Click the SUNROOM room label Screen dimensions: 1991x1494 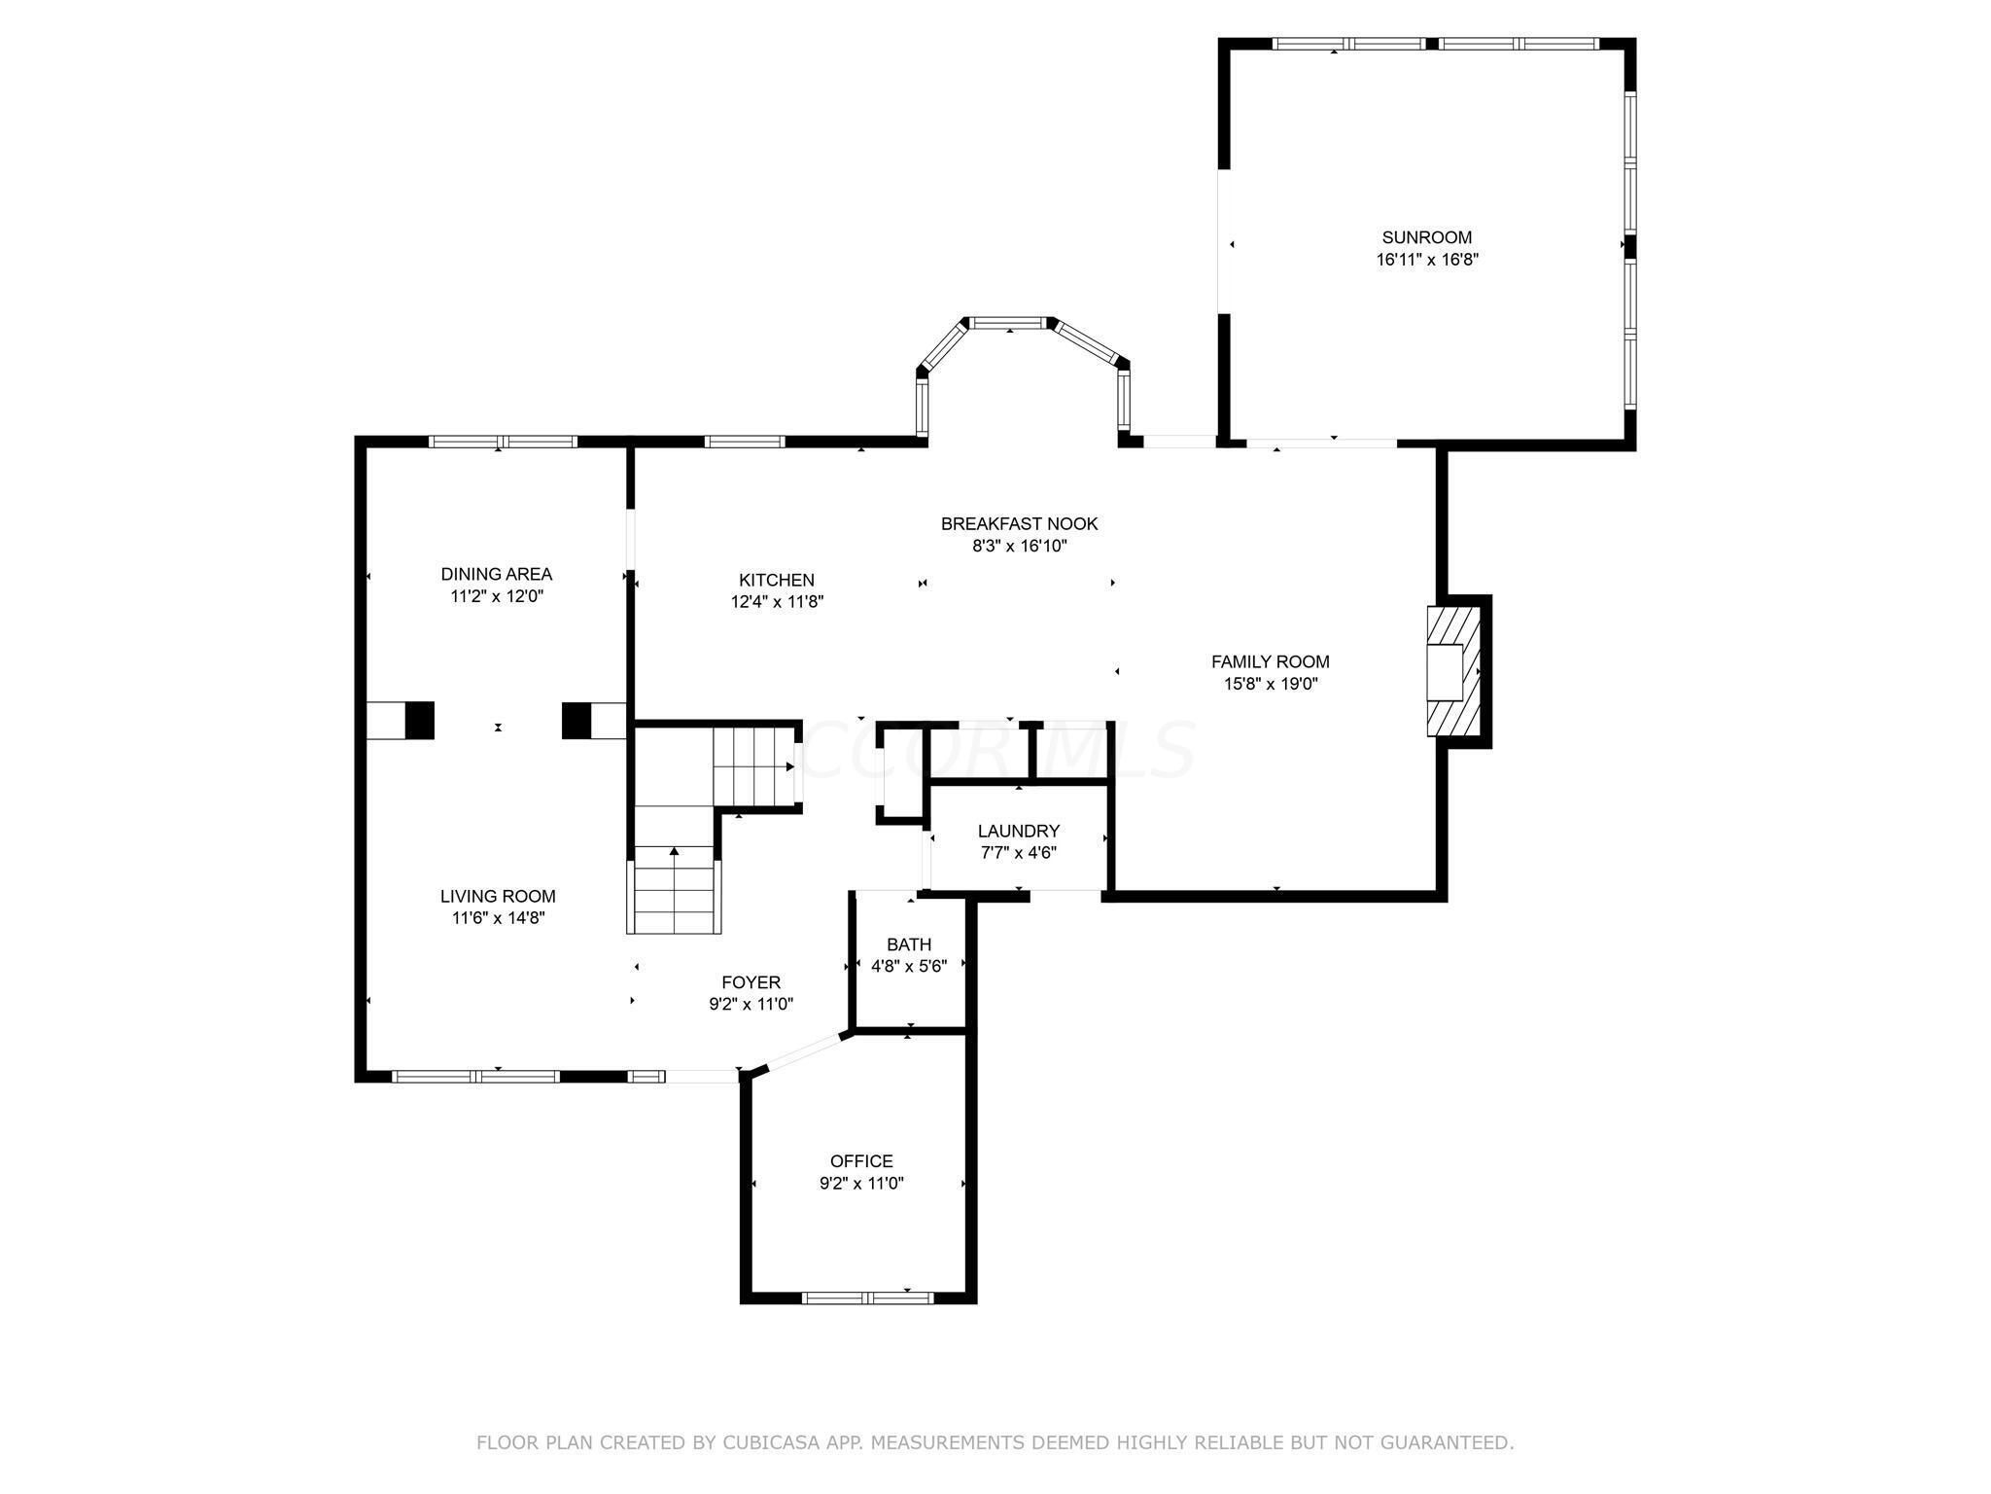1426,237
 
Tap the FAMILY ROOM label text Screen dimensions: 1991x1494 1270,661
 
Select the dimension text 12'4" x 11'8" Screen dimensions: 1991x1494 777,602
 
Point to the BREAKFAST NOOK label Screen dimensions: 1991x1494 1019,523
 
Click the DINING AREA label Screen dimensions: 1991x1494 496,574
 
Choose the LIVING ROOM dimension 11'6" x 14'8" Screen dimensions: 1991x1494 498,917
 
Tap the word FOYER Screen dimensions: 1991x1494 751,982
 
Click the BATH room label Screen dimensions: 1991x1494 909,944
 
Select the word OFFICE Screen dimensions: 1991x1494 861,1161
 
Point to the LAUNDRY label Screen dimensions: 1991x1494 1018,831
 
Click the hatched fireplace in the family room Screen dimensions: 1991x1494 1452,671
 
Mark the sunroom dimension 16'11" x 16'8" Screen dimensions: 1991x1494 1427,260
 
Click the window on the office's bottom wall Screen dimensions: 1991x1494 868,1297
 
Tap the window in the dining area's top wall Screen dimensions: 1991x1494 503,442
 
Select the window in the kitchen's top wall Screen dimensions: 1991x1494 744,442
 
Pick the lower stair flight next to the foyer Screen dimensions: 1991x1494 675,889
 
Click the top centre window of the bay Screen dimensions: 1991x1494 1009,323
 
